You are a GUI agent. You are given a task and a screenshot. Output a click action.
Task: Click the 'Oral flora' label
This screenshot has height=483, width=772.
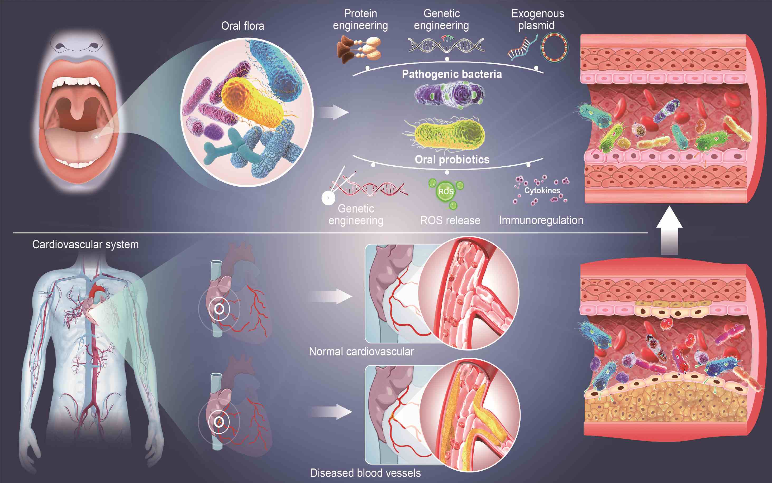pos(243,26)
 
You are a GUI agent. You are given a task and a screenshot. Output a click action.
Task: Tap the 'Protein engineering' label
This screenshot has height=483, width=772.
pos(360,19)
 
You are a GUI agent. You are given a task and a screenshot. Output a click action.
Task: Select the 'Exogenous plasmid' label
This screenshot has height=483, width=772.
pos(537,19)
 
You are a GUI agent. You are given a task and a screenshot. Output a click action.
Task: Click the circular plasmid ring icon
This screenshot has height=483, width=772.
pos(554,47)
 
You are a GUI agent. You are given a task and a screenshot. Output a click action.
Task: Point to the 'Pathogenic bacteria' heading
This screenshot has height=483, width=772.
pos(452,74)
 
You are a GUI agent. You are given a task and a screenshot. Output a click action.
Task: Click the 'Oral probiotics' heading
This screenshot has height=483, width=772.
pos(452,160)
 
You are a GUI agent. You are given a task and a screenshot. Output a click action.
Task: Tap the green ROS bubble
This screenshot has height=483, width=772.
pos(446,192)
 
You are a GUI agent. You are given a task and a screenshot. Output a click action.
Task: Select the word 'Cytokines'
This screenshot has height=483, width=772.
pos(542,190)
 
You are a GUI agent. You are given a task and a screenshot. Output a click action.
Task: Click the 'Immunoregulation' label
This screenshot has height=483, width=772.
pos(541,220)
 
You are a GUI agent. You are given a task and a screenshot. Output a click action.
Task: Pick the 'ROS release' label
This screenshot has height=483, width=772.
pos(450,220)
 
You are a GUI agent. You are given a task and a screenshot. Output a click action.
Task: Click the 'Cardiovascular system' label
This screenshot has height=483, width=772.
pos(85,244)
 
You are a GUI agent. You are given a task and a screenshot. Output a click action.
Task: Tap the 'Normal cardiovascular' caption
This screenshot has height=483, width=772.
pos(361,351)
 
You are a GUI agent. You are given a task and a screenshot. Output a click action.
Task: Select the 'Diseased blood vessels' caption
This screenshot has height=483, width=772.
pos(365,473)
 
